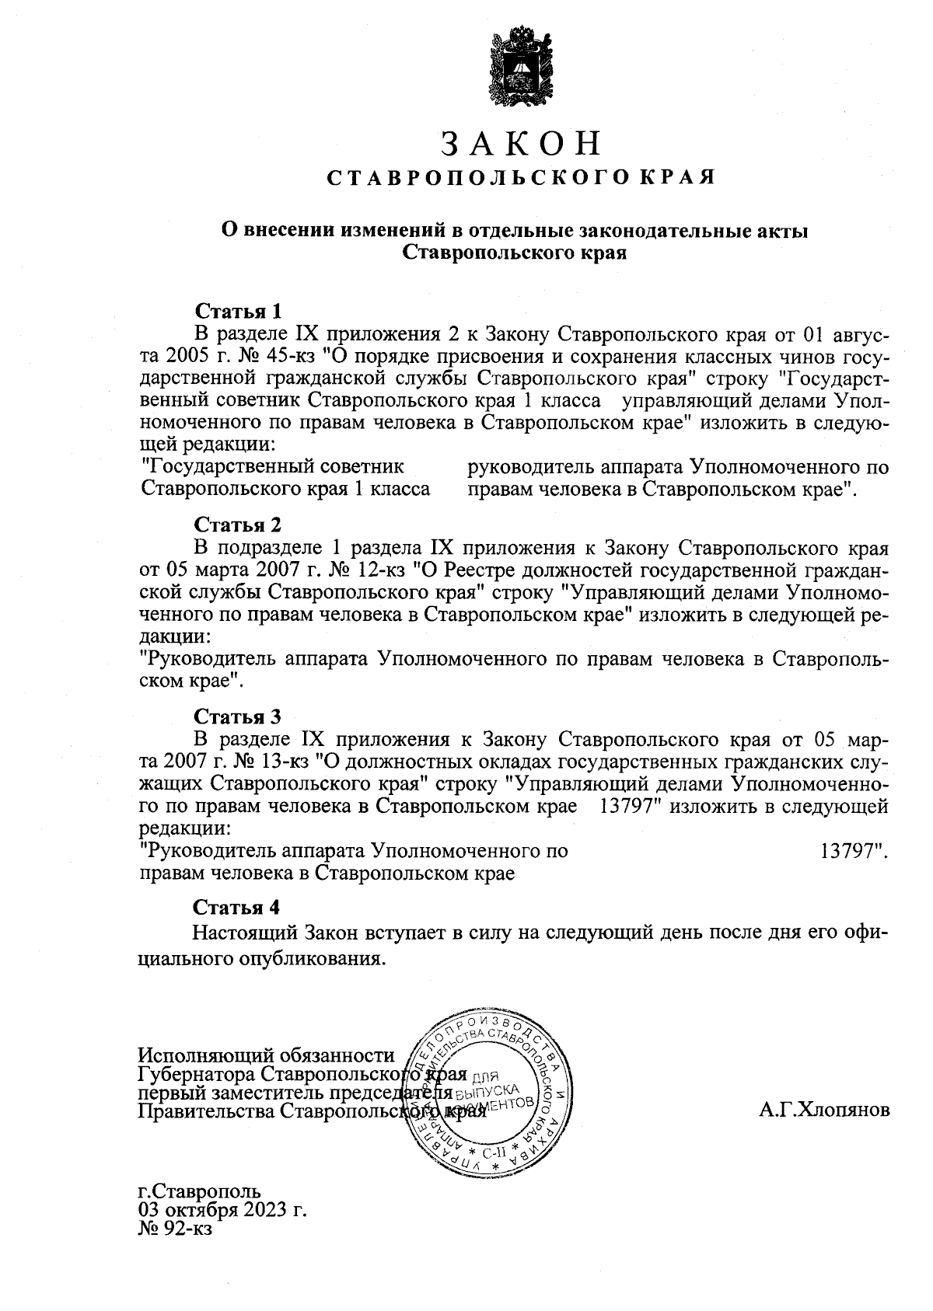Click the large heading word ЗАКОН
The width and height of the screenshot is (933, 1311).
(x=521, y=145)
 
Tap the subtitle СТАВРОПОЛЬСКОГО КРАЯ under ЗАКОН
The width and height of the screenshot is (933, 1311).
(x=520, y=178)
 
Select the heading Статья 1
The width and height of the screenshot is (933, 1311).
(x=237, y=312)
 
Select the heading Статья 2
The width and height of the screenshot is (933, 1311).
(x=237, y=523)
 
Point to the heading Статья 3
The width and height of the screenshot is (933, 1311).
(x=237, y=715)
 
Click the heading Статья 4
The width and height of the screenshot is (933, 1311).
(x=237, y=907)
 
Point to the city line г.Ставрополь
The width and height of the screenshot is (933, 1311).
(x=199, y=1191)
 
